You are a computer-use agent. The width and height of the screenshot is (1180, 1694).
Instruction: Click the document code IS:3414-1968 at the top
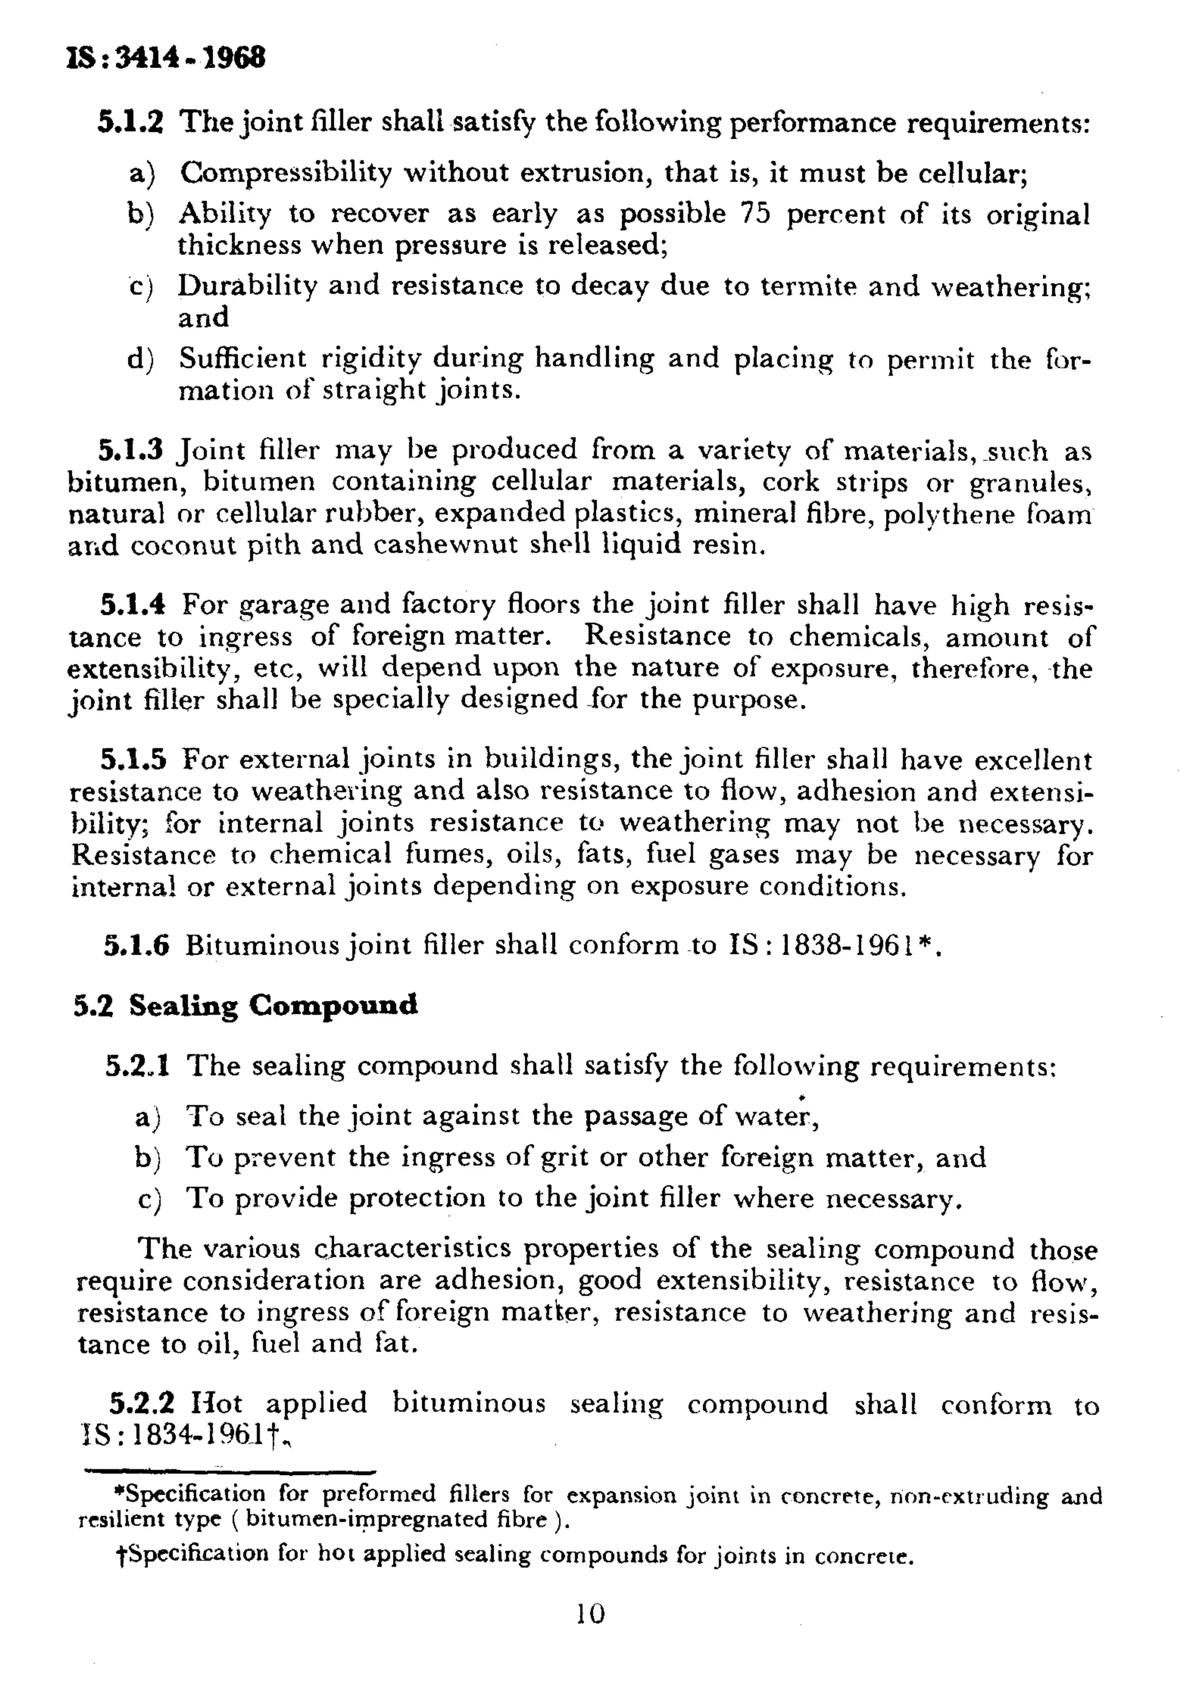[166, 58]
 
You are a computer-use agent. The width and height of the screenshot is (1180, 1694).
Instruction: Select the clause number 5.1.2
[130, 122]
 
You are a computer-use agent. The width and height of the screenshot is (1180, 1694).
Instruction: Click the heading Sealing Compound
[273, 1005]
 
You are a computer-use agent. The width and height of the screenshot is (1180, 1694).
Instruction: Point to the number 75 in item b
[755, 214]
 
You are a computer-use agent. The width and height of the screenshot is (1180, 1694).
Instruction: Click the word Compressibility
[286, 173]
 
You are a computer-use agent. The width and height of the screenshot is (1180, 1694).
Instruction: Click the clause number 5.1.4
[133, 605]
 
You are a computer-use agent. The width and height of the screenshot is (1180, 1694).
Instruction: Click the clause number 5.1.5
[134, 759]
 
